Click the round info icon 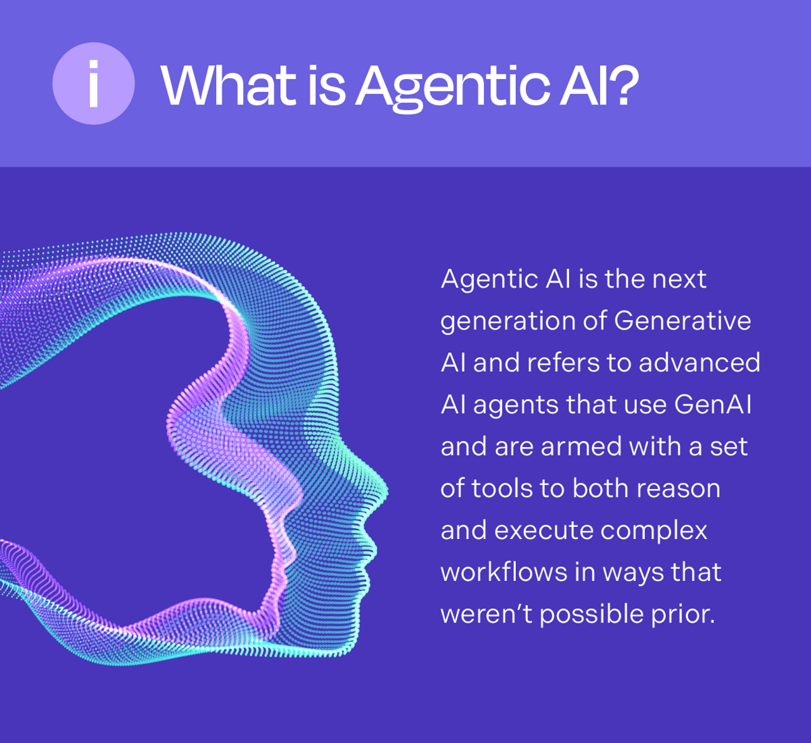coord(93,84)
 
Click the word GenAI coord(713,404)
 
